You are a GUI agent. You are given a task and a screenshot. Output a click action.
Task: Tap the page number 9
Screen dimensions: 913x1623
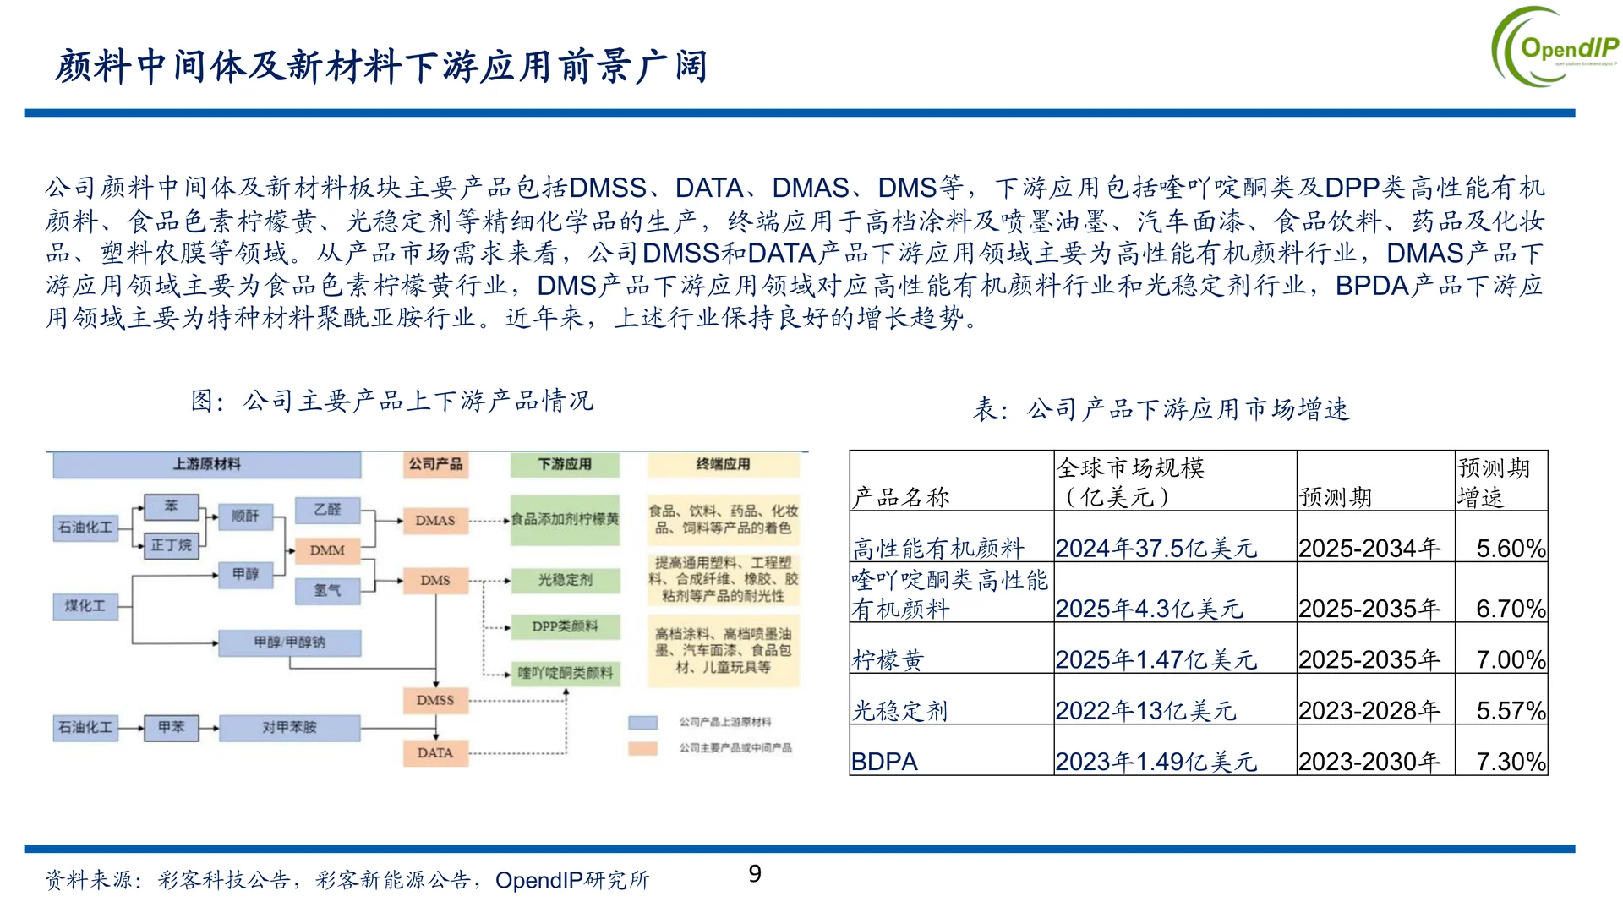[x=755, y=873]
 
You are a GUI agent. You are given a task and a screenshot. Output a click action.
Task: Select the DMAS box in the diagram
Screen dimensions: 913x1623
[x=435, y=520]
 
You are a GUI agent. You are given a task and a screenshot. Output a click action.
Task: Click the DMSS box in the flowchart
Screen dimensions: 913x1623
[x=435, y=700]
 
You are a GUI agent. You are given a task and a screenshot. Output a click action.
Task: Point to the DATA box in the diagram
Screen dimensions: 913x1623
[x=435, y=752]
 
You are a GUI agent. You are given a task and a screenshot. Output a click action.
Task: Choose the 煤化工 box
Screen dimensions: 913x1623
[x=85, y=606]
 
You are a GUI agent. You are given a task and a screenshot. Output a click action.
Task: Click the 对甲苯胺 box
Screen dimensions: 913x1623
[x=289, y=727]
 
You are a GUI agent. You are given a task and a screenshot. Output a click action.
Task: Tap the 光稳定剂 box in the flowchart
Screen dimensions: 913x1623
[x=566, y=580]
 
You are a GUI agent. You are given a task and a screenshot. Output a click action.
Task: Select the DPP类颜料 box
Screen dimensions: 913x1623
[x=566, y=626]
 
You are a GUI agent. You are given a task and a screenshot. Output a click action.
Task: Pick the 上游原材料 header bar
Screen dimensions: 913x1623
[x=207, y=464]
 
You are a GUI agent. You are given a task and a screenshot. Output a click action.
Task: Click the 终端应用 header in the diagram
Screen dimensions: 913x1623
[x=723, y=464]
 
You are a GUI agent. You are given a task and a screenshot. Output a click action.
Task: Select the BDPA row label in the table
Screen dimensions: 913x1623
[x=884, y=762]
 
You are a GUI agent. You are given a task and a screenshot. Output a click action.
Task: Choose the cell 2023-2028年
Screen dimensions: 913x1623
[x=1369, y=711]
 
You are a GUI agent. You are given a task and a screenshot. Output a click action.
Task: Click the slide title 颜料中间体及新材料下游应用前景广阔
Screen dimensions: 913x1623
[x=381, y=66]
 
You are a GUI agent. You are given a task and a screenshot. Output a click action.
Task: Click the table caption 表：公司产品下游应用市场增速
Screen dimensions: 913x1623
[x=1161, y=409]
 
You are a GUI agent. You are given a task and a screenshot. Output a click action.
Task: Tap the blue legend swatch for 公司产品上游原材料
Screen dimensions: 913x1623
[x=643, y=722]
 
